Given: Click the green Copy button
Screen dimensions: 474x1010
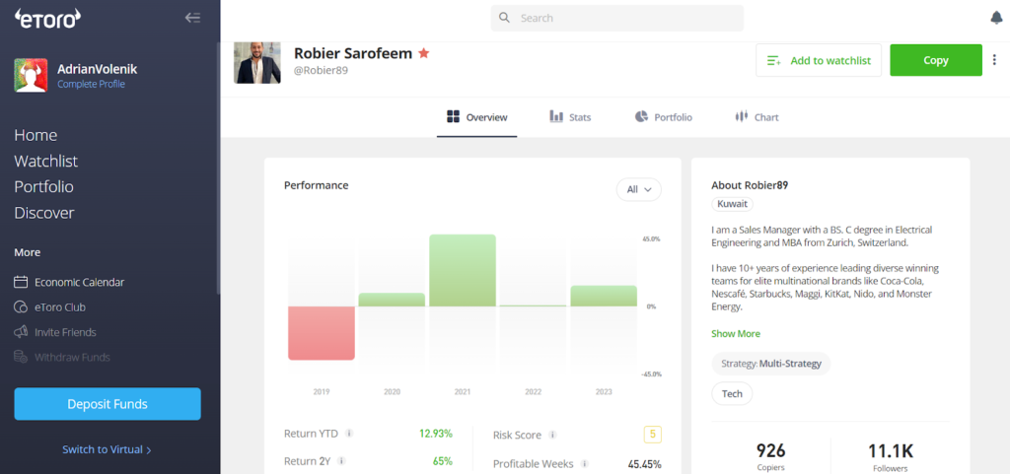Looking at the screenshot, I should click(x=935, y=60).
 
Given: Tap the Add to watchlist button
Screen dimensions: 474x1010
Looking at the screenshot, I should click(x=818, y=60).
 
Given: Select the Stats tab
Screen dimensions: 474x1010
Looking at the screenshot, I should click(x=570, y=117).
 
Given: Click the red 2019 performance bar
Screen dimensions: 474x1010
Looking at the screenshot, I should click(x=321, y=333).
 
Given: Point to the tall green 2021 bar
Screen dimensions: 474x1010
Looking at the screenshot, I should click(x=463, y=270).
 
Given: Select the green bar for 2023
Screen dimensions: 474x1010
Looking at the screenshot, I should click(x=604, y=296).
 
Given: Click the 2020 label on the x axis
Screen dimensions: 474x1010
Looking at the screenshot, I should click(x=392, y=392).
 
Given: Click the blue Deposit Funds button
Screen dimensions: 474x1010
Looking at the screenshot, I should click(x=108, y=404).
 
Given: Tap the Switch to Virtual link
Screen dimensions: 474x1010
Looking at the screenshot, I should click(x=107, y=449).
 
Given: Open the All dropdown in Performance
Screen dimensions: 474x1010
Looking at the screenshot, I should click(x=638, y=190).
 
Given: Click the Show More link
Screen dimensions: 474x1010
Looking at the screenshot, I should click(x=736, y=334).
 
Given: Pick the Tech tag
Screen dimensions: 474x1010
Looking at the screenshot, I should click(x=732, y=393).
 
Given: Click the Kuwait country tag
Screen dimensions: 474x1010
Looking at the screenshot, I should click(x=733, y=204).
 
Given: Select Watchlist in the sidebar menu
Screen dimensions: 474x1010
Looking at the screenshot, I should click(x=46, y=161).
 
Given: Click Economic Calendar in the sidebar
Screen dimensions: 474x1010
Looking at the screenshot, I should click(x=79, y=282).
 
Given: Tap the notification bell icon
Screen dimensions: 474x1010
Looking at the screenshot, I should click(x=995, y=18).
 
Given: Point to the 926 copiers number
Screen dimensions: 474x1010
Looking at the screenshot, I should click(x=770, y=450).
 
